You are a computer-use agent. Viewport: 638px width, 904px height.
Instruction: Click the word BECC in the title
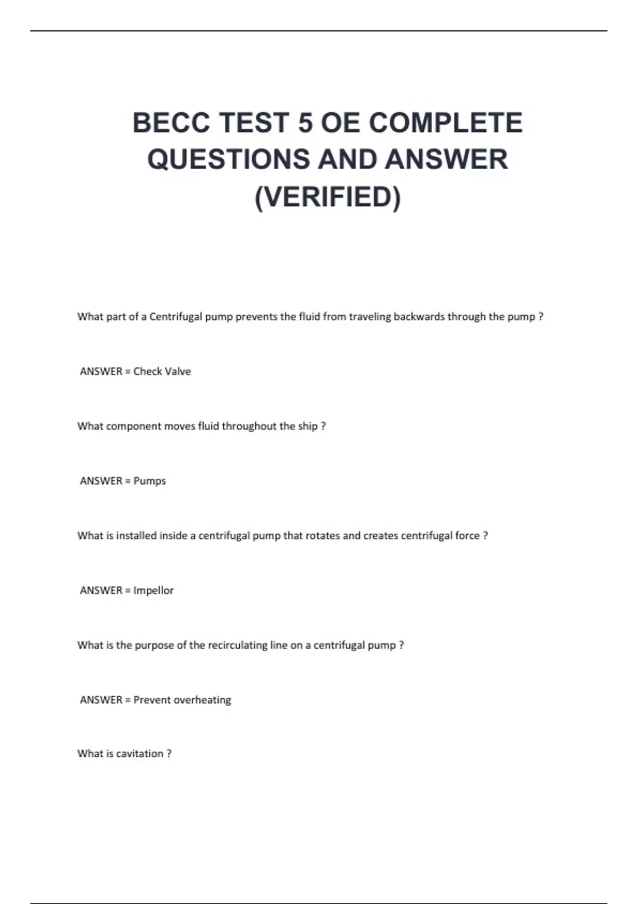click(x=171, y=123)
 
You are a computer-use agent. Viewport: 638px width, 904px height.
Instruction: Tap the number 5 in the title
click(x=305, y=123)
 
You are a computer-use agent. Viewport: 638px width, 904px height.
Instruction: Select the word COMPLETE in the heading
click(x=446, y=123)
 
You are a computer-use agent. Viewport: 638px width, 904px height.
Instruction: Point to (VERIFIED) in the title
click(x=328, y=197)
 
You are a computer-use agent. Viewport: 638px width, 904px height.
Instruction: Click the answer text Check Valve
click(x=162, y=371)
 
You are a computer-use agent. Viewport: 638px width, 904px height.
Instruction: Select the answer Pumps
click(x=149, y=481)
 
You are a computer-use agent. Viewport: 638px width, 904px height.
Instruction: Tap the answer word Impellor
click(x=153, y=590)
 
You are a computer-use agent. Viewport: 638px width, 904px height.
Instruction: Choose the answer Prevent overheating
click(x=182, y=700)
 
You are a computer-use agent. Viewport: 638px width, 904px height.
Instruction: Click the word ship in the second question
click(x=308, y=426)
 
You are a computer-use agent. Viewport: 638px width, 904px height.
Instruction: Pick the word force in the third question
click(x=467, y=535)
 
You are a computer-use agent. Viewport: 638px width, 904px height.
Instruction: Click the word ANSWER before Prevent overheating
click(x=101, y=700)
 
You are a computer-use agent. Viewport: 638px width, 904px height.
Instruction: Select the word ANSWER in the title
click(x=446, y=160)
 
